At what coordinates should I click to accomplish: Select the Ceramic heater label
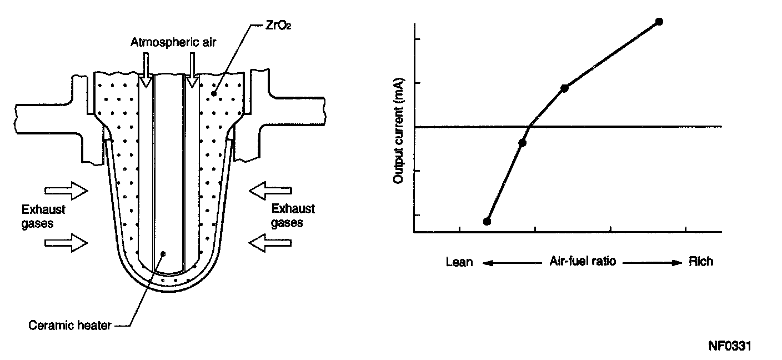coord(69,326)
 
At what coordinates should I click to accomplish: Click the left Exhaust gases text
coord(43,217)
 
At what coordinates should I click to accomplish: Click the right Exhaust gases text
coord(293,216)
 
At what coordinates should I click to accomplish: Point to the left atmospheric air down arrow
coord(146,71)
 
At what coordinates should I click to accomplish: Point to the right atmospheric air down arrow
coord(192,71)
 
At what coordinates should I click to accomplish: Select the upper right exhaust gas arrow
coord(270,192)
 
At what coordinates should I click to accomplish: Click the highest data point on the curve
coord(659,22)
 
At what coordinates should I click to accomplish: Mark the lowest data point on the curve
coord(487,221)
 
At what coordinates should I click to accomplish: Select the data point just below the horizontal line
coord(522,143)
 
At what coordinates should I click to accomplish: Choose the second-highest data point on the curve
coord(564,88)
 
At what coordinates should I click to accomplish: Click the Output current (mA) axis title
coord(398,131)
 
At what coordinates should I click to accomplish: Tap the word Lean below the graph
coord(459,262)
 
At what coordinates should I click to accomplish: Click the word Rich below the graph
coord(700,261)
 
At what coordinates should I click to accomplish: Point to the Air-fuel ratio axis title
coord(583,261)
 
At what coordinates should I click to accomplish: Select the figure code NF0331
coord(730,346)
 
